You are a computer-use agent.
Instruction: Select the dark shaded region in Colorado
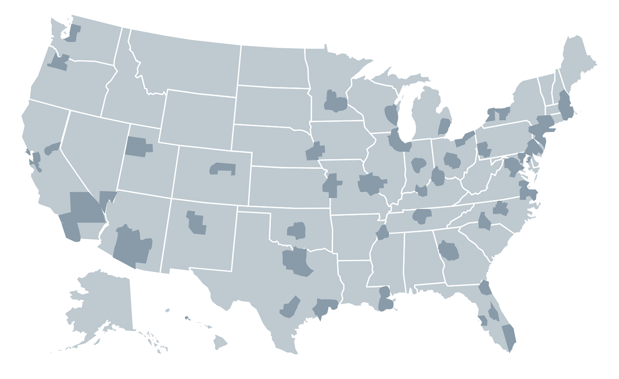point(223,168)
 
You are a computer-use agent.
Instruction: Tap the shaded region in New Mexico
point(196,222)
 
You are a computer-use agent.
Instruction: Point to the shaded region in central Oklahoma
point(297,231)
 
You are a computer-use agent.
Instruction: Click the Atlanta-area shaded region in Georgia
point(448,251)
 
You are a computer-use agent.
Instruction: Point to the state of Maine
point(577,62)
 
